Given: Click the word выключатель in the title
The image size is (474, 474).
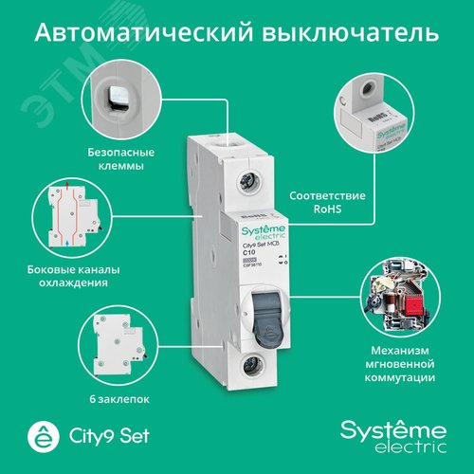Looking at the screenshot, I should pyautogui.click(x=350, y=33).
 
